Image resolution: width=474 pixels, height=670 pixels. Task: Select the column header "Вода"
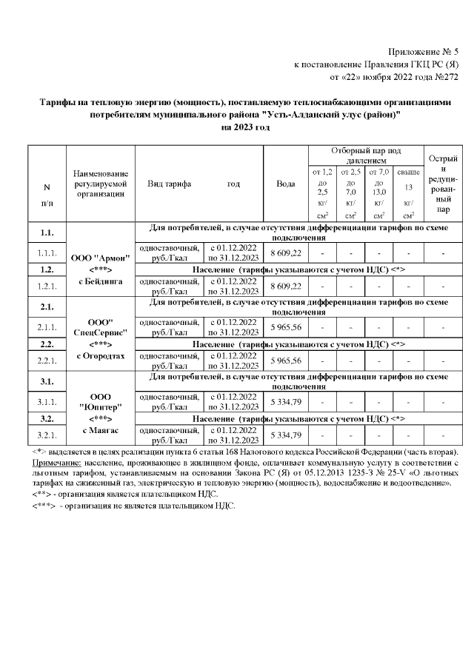pos(287,184)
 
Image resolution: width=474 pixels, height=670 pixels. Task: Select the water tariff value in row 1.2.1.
pos(286,286)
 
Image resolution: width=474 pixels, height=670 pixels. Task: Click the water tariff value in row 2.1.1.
pos(286,327)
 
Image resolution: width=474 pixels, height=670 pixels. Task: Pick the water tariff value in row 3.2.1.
pos(286,435)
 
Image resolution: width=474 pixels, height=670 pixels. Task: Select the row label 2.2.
pos(47,344)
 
